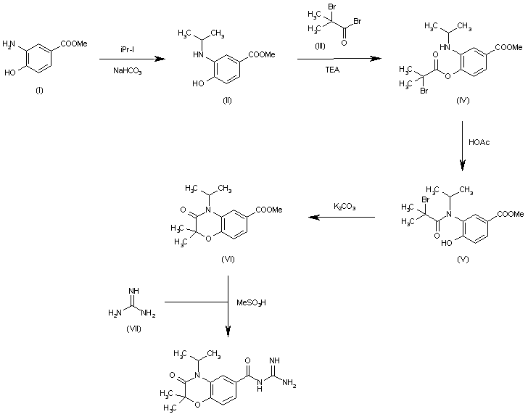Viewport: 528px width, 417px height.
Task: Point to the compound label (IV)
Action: click(463, 100)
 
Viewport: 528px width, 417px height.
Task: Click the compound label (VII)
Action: click(132, 329)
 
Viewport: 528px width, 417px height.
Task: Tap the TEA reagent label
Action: click(341, 72)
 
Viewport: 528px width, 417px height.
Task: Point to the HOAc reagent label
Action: click(479, 143)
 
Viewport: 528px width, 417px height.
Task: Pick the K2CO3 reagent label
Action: click(344, 208)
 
